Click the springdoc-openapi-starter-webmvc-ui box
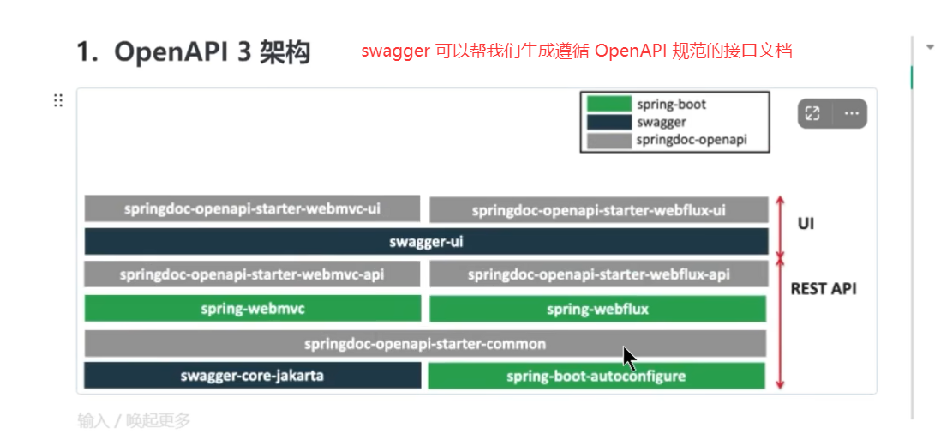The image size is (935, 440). (252, 208)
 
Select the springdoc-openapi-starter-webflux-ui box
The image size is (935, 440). (598, 210)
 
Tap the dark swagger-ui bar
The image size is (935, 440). (426, 242)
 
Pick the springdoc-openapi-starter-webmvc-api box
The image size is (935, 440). (252, 274)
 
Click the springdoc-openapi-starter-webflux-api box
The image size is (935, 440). (598, 274)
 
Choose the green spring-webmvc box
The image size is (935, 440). (252, 308)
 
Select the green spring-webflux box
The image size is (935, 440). (596, 309)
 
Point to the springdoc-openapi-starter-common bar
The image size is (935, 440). (425, 344)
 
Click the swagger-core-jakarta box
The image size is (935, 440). (252, 376)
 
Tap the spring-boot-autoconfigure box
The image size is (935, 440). (596, 376)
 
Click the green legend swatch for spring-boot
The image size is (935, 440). (608, 104)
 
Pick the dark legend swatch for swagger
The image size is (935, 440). (608, 122)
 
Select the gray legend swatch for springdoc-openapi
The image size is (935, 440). (608, 140)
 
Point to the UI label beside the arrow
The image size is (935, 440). (806, 224)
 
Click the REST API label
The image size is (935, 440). (823, 289)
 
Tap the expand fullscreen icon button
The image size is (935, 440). (813, 113)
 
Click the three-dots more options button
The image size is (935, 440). (850, 113)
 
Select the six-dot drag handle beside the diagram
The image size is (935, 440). (58, 100)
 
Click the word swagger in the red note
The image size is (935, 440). (395, 51)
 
